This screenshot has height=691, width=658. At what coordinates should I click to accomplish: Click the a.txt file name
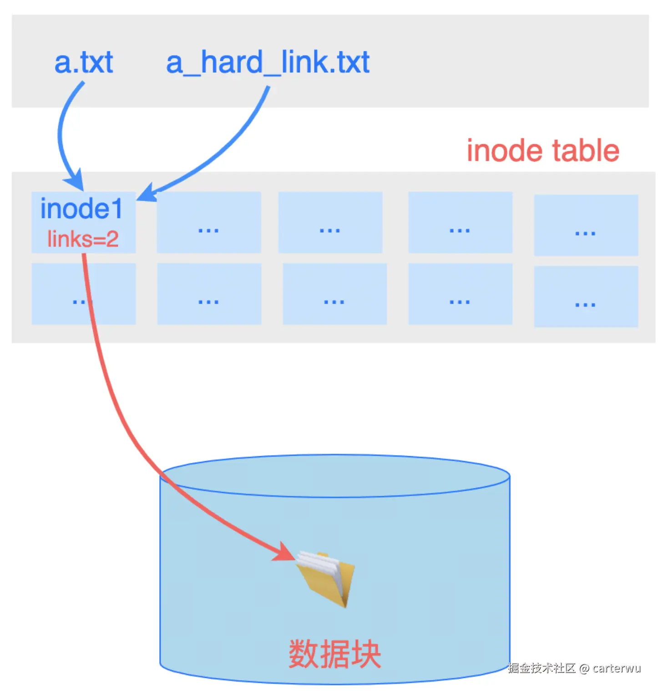tap(84, 62)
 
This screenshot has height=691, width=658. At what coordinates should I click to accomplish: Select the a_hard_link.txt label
tap(268, 62)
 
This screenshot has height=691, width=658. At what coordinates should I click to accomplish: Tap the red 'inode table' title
tap(543, 151)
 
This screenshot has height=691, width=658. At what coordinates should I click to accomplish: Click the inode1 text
tap(82, 209)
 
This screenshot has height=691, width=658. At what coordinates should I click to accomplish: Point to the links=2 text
tap(83, 239)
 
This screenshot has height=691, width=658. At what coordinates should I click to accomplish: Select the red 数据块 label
tap(335, 654)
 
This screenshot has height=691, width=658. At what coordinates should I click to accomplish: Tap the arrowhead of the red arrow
tap(285, 553)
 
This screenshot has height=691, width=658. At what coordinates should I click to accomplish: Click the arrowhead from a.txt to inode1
tap(76, 181)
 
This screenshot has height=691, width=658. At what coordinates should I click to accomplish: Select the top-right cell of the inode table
tap(586, 225)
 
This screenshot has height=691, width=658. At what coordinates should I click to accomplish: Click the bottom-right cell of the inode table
tap(586, 296)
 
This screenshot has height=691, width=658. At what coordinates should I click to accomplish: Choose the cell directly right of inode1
tap(209, 222)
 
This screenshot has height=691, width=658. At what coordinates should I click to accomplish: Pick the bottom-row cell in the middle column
tap(334, 294)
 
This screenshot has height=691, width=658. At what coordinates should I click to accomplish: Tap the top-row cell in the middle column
tap(330, 222)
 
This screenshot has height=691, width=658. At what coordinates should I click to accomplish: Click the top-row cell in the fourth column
tap(460, 222)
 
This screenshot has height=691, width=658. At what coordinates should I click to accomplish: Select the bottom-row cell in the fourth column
tap(460, 294)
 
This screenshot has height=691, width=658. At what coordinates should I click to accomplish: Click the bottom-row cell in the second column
tap(209, 294)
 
